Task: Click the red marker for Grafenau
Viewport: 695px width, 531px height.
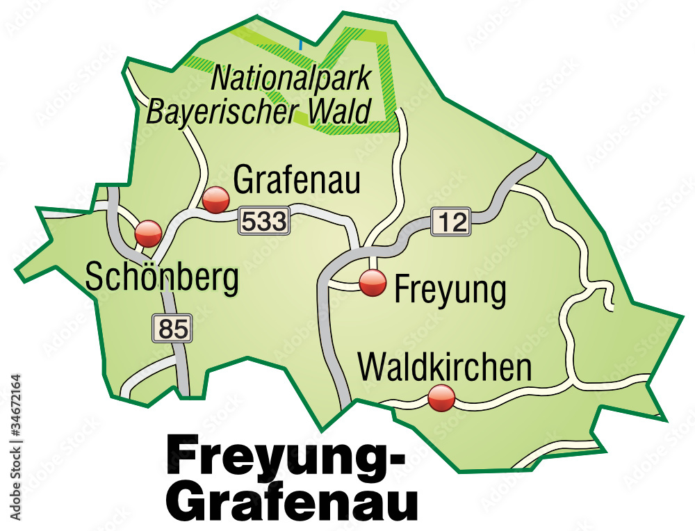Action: pyautogui.click(x=216, y=200)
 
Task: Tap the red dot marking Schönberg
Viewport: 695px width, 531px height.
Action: pyautogui.click(x=148, y=234)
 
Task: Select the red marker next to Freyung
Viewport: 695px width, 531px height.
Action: pyautogui.click(x=373, y=283)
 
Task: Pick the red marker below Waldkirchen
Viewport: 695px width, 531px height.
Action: pyautogui.click(x=441, y=398)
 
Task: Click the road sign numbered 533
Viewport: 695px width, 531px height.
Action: pyautogui.click(x=263, y=222)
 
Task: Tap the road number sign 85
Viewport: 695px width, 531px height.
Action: pyautogui.click(x=173, y=328)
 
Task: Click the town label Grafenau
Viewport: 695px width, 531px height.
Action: pyautogui.click(x=297, y=181)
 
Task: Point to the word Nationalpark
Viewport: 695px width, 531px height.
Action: pyautogui.click(x=293, y=78)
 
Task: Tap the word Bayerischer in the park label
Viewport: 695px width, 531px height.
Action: pyautogui.click(x=222, y=111)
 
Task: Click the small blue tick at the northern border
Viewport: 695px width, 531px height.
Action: pyautogui.click(x=300, y=44)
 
